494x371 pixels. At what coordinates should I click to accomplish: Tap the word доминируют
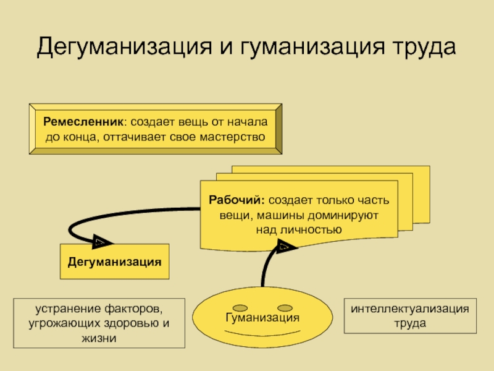pyautogui.click(x=346, y=215)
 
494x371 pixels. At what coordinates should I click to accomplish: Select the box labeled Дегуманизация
pyautogui.click(x=114, y=261)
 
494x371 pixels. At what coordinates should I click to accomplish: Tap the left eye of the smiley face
pyautogui.click(x=240, y=307)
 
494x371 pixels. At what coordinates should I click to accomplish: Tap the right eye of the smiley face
pyautogui.click(x=285, y=307)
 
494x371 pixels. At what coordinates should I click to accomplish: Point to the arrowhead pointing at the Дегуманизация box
pyautogui.click(x=101, y=241)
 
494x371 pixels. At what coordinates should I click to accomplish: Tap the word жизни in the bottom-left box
pyautogui.click(x=100, y=338)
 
